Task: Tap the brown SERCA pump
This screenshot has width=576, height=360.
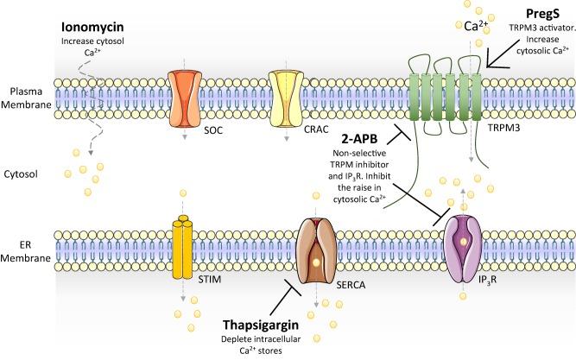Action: pyautogui.click(x=320, y=239)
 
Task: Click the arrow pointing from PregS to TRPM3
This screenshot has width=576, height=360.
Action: pyautogui.click(x=502, y=55)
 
